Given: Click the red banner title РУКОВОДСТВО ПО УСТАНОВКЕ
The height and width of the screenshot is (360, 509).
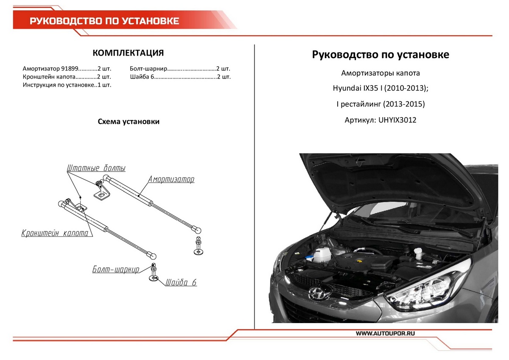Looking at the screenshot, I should coord(104,21).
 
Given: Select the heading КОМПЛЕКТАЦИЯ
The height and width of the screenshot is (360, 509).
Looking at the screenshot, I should coord(128,53).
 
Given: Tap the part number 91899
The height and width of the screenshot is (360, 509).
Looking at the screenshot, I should coord(70,68).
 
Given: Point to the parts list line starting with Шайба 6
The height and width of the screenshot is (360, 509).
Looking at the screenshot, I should coord(181,77).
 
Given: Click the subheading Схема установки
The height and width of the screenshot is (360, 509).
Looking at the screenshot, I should coord(129,121).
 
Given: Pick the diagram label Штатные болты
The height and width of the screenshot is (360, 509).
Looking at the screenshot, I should coord(96,168).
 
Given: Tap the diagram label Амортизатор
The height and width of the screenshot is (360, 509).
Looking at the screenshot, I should coord(171,180).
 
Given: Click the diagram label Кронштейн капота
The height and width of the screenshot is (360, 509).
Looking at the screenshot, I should coord(55,233).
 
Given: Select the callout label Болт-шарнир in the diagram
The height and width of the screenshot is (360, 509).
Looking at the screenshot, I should coord(116,270).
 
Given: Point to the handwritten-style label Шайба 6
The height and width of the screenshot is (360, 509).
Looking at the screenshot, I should coord(181,282).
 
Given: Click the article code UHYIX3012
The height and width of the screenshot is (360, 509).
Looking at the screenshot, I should coord(397,120).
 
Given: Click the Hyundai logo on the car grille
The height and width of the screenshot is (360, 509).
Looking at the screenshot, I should coord(316,293).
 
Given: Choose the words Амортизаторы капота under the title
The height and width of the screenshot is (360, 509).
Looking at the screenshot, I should coord(380,73).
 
